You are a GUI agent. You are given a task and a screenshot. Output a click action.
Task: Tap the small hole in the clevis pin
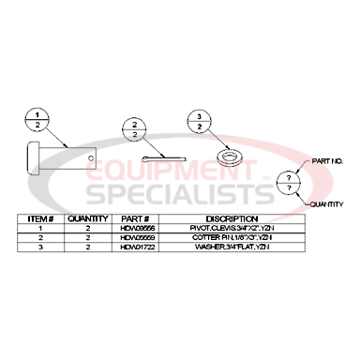coord(91,157)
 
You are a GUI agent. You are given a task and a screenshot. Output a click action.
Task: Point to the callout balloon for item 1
coord(37,119)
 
